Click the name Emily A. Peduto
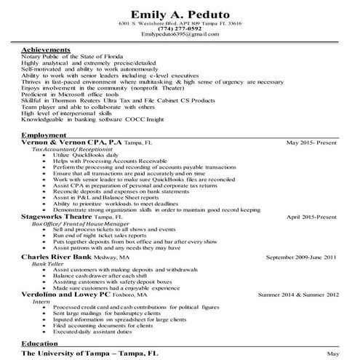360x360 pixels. point(180,14)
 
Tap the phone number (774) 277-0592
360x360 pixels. point(180,28)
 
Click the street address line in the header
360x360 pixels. point(180,23)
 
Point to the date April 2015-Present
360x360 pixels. point(312,217)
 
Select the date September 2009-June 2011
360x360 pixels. point(301,257)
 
